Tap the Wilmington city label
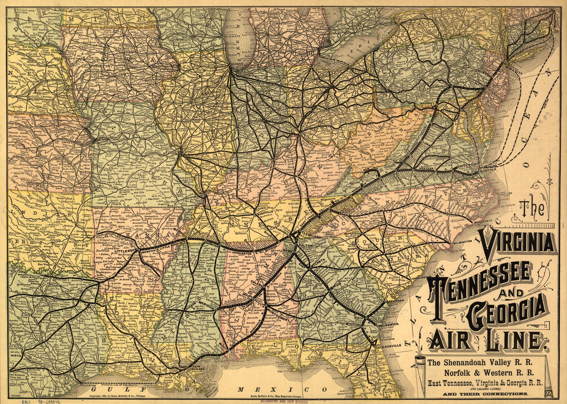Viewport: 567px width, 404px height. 458,241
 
